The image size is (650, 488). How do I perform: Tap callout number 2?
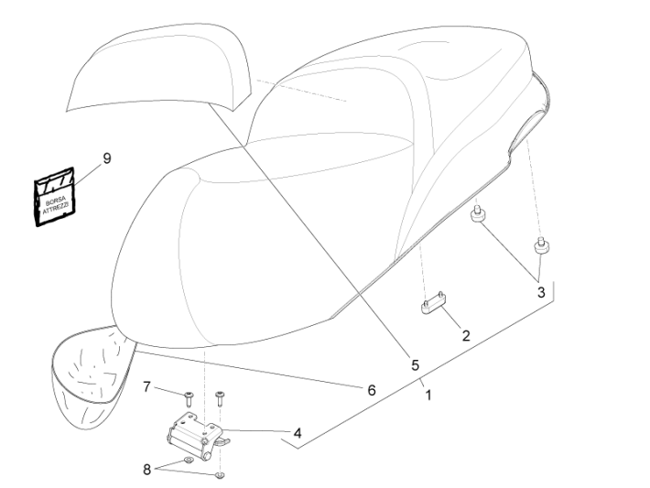[465, 336]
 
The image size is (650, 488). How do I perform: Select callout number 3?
[541, 293]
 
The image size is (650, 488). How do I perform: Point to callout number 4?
[297, 430]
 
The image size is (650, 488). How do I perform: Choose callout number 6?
[372, 389]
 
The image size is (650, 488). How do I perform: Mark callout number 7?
[146, 387]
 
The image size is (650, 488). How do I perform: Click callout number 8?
[146, 470]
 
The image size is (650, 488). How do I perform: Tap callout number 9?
[107, 158]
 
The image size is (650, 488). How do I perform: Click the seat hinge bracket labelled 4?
[194, 428]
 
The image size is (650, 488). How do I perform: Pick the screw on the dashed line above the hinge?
[220, 396]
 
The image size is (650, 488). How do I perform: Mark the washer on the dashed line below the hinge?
[220, 477]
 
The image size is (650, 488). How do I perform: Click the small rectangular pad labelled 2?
[433, 305]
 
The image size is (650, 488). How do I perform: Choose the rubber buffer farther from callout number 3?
[477, 216]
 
